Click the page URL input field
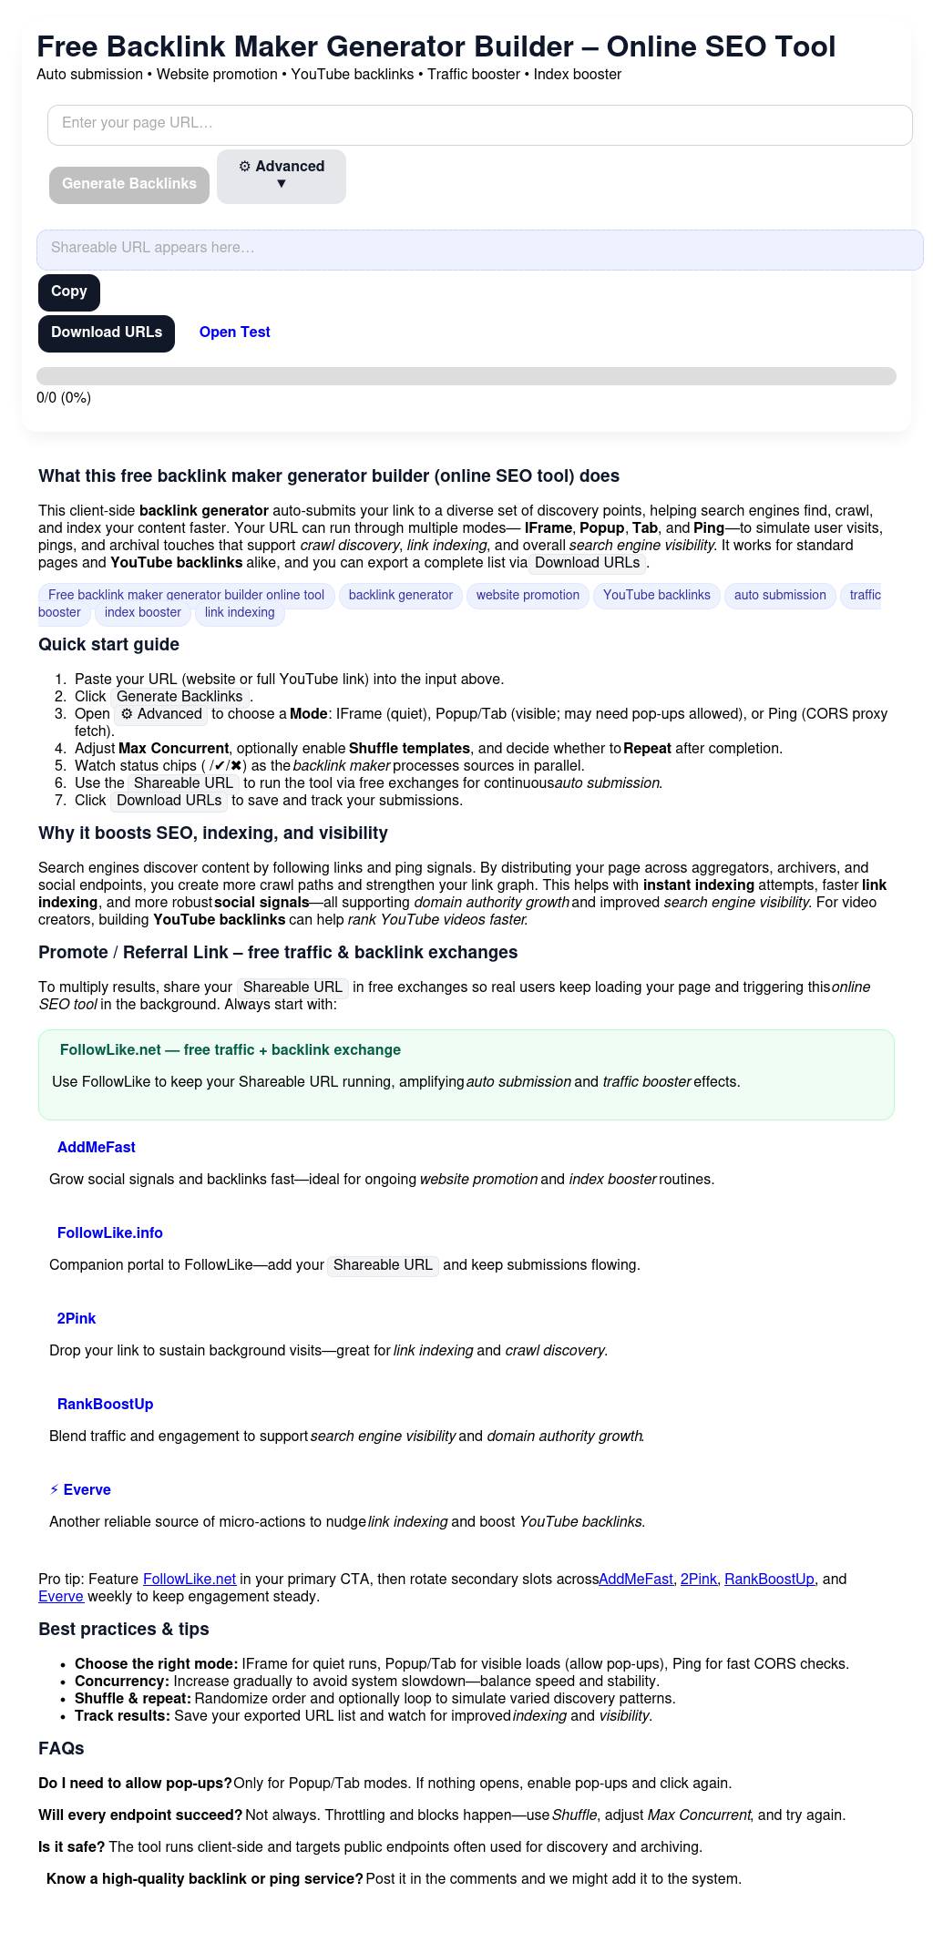[479, 125]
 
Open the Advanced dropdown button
[281, 176]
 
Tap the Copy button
[69, 292]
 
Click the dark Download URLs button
[107, 333]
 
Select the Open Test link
[234, 332]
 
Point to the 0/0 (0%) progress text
[64, 398]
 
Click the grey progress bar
[466, 376]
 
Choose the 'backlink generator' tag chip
[401, 596]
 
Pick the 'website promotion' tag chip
[528, 596]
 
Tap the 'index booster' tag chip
[142, 613]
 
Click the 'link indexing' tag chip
[240, 613]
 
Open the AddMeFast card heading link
[96, 1148]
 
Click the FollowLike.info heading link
[109, 1233]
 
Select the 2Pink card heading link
[76, 1319]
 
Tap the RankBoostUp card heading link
[105, 1405]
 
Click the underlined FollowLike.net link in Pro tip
[190, 1580]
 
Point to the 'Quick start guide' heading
[108, 645]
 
